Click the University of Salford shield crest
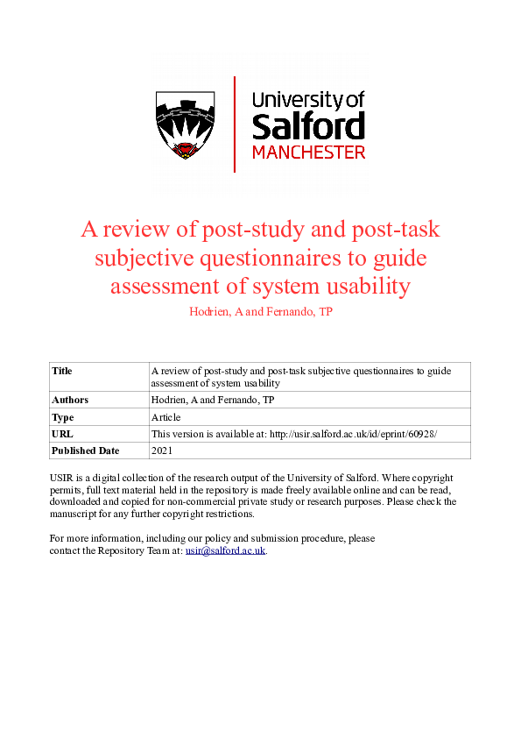click(186, 123)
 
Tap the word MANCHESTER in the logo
click(308, 152)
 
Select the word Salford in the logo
click(308, 126)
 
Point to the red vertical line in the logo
click(235, 124)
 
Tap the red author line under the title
click(260, 312)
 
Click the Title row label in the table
click(62, 371)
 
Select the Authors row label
click(70, 400)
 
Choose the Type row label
click(63, 417)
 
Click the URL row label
click(62, 434)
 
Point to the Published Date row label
click(84, 451)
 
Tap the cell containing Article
click(165, 417)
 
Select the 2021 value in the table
click(163, 451)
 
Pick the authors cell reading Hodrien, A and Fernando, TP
click(213, 400)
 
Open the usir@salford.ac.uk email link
click(225, 550)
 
